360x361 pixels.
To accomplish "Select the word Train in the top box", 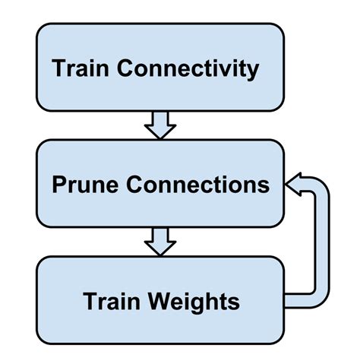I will click(79, 69).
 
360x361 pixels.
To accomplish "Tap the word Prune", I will click(80, 185).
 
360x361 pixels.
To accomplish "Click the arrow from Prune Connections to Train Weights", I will click(160, 242).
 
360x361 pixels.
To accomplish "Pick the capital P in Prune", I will click(58, 185).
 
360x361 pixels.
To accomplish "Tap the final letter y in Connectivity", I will click(252, 71).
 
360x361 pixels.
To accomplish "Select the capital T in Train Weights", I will click(90, 302).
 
